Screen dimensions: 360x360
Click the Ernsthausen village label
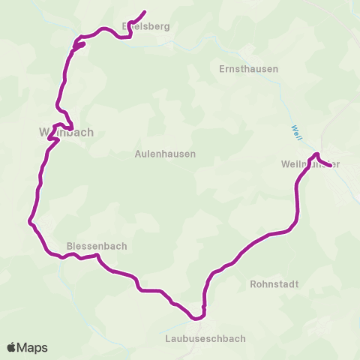248,69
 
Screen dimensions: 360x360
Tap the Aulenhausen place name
165,154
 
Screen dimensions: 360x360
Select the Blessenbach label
97,245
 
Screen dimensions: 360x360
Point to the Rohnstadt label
274,284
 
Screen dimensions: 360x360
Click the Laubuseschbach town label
205,338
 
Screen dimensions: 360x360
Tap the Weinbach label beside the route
66,132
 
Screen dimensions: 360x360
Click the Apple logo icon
12,347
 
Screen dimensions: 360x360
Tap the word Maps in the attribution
33,347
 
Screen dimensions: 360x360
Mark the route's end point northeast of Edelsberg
143,11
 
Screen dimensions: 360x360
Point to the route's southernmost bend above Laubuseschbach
199,318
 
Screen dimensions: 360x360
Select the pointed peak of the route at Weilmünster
316,154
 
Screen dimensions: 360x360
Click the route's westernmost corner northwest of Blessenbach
29,222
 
